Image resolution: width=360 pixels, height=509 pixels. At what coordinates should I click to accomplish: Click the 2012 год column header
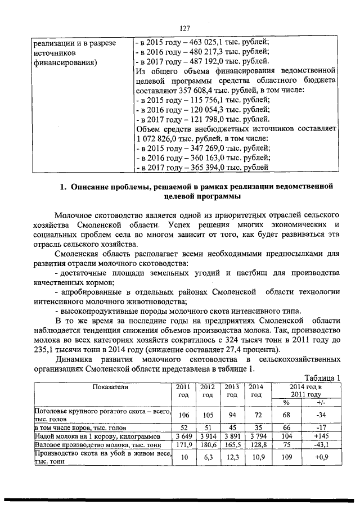click(208, 390)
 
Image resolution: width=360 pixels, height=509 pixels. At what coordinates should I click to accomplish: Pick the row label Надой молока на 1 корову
click(81, 436)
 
